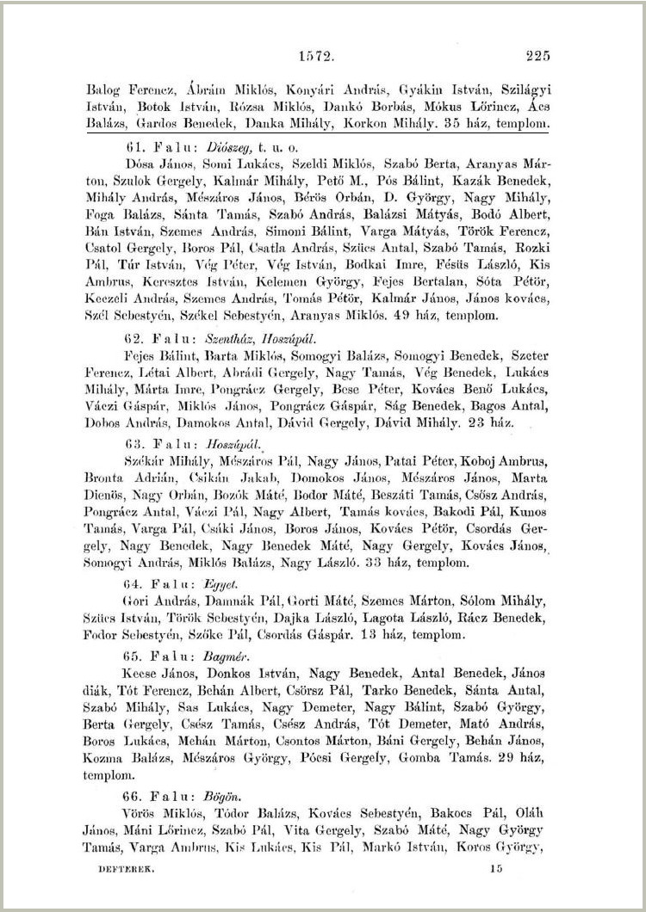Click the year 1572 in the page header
coord(315,57)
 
